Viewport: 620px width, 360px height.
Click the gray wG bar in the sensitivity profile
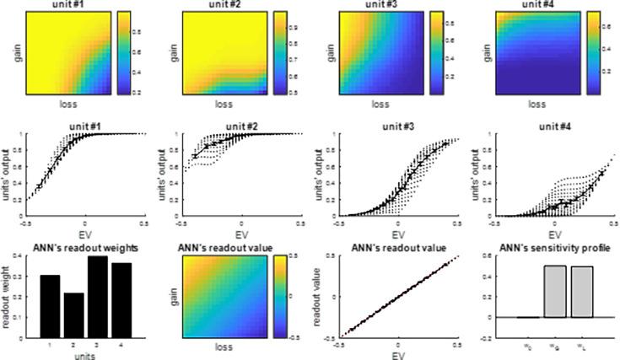[x=555, y=292]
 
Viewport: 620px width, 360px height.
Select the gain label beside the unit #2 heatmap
[x=166, y=54]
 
